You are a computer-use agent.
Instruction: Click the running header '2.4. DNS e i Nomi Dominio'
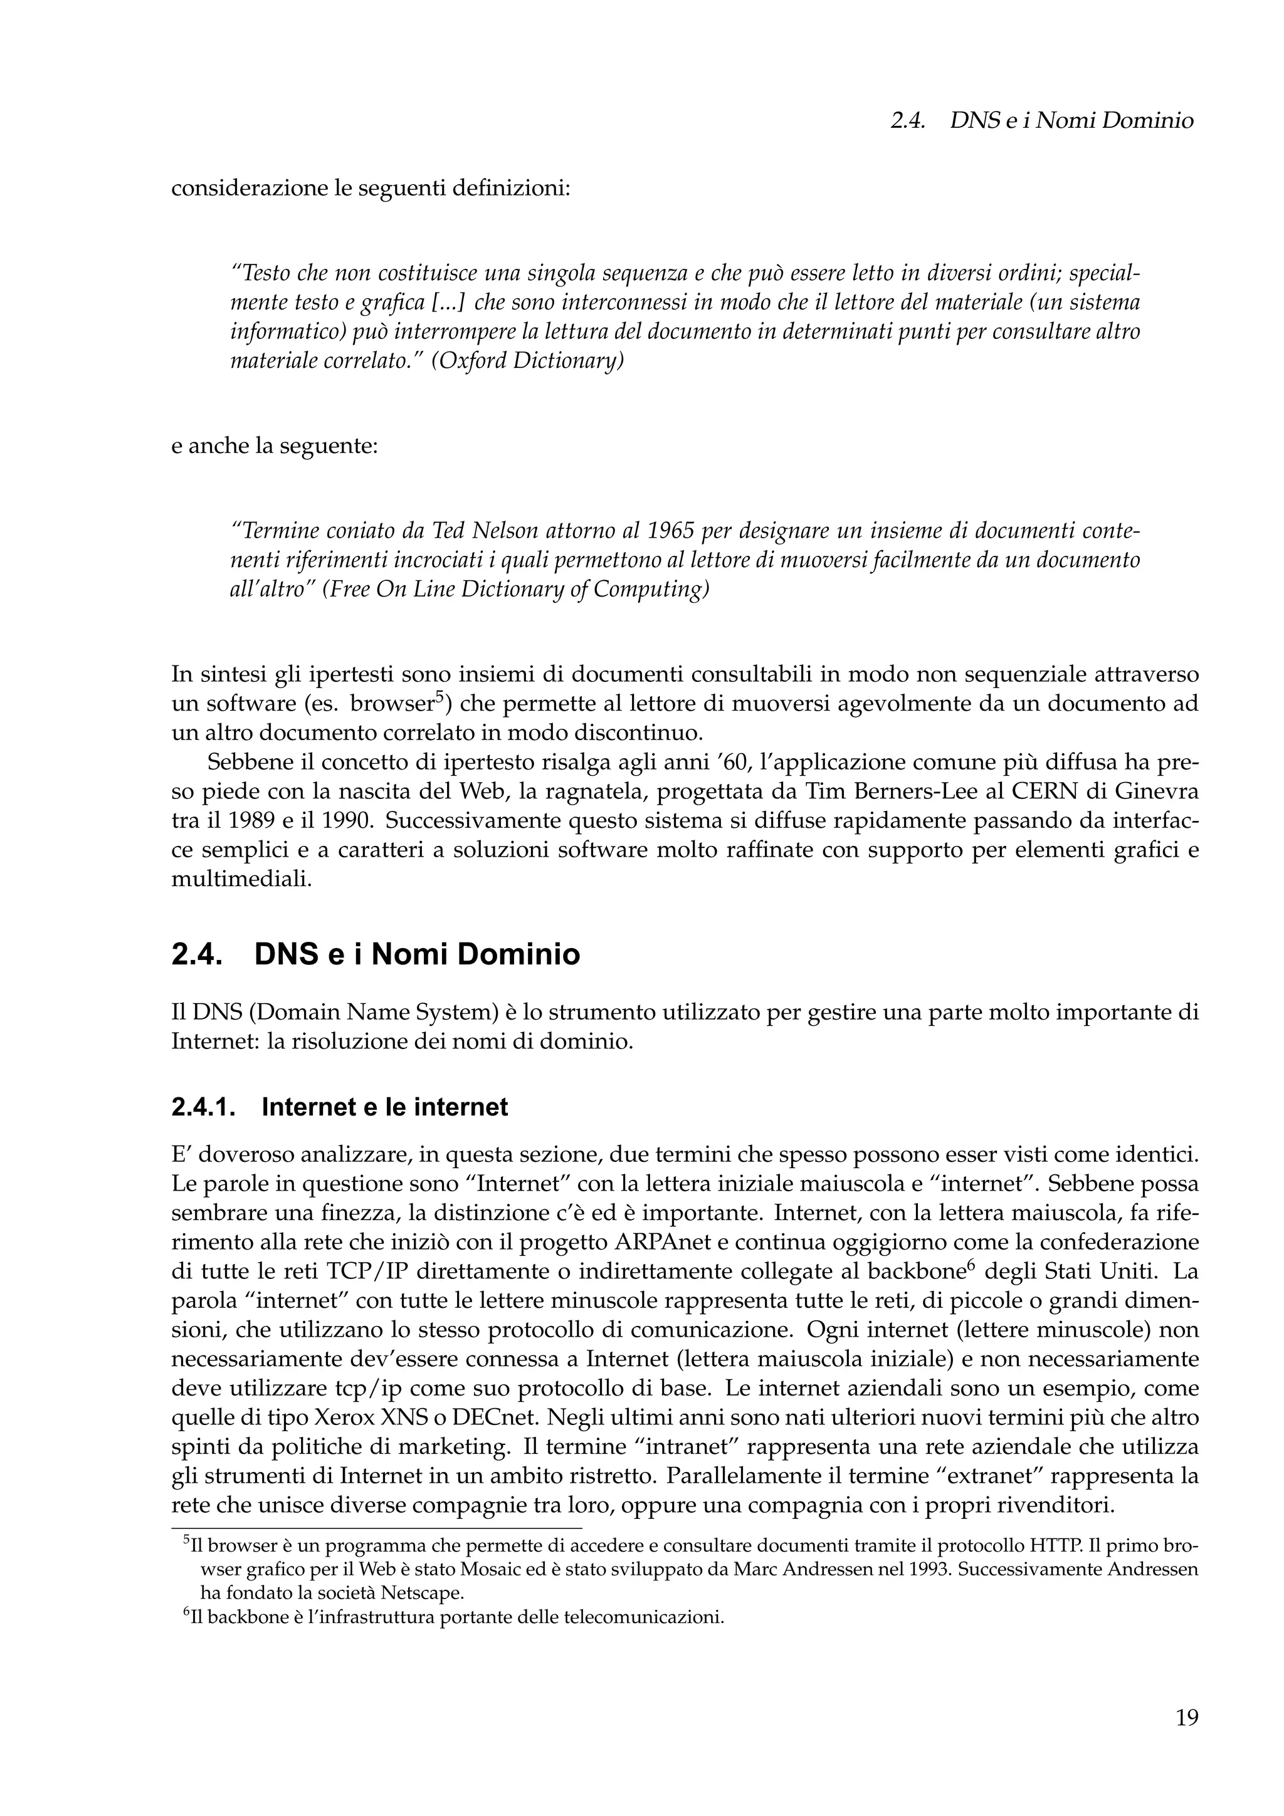1041,121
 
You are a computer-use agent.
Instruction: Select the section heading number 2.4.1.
203,1107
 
